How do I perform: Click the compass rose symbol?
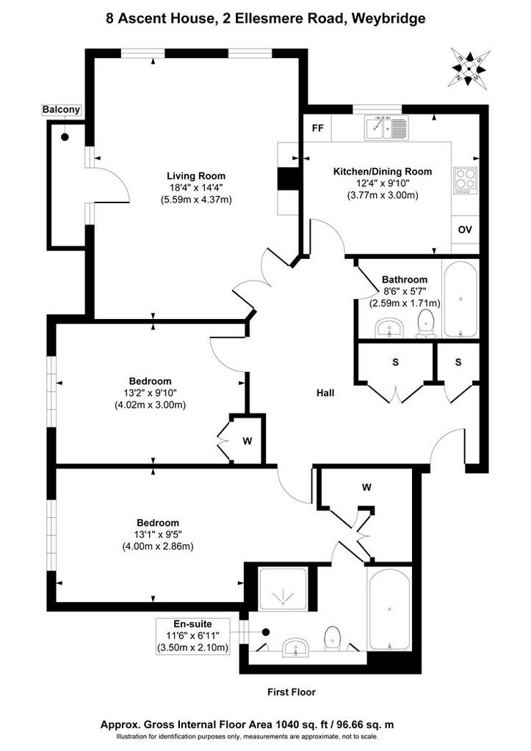point(469,68)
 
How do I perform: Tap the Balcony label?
point(62,110)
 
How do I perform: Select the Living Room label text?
point(196,176)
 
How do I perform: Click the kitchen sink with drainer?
point(386,128)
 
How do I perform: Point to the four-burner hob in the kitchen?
point(466,180)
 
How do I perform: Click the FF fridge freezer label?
point(317,128)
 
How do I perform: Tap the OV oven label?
point(465,230)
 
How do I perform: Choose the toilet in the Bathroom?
point(426,323)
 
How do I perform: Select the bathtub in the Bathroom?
point(460,299)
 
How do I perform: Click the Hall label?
point(325,393)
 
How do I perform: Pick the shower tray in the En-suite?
point(283,589)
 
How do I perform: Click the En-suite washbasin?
point(296,648)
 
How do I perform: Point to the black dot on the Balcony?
point(65,137)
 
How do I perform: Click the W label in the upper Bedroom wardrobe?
point(247,441)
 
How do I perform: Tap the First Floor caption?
point(292,692)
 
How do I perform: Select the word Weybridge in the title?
point(388,18)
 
